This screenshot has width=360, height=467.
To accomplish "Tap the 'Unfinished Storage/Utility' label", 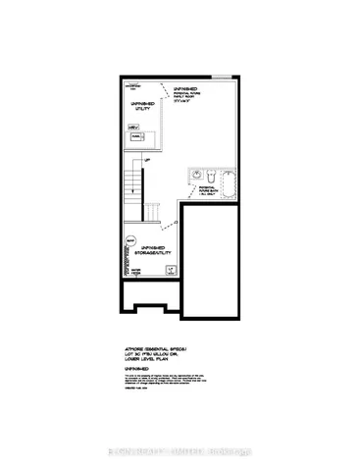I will click(x=157, y=249).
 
